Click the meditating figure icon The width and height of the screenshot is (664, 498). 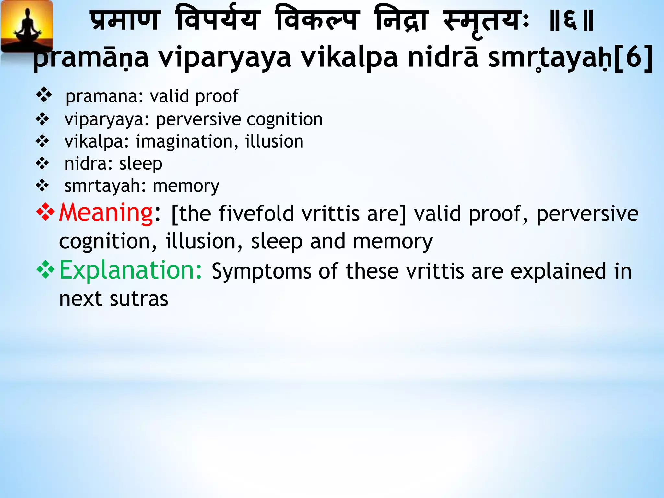tap(27, 28)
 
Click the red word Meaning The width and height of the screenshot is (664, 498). tap(106, 213)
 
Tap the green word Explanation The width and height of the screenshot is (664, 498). tap(131, 270)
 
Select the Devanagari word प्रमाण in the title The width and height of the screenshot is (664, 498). tap(125, 21)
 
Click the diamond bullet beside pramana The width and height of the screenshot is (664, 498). tap(44, 95)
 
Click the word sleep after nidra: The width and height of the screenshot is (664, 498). tap(141, 164)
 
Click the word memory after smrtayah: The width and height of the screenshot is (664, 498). tap(186, 186)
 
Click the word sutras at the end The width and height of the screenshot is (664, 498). tap(139, 299)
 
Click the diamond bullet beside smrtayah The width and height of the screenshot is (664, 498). tap(42, 186)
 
